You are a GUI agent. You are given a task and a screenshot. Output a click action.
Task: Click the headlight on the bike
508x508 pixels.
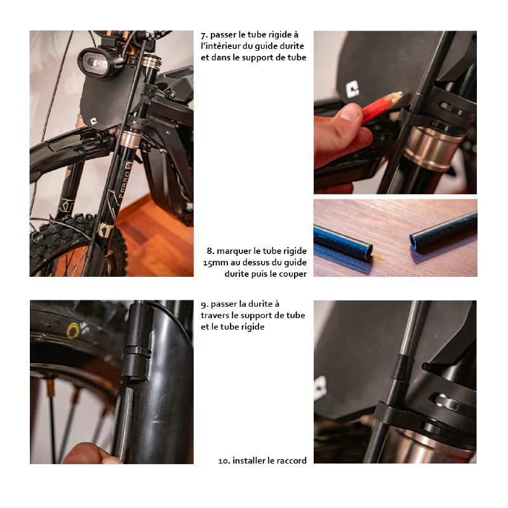tap(97, 62)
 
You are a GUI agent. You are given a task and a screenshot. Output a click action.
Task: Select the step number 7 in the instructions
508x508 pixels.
tap(204, 35)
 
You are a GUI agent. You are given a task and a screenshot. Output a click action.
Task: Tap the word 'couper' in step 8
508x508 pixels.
tap(293, 274)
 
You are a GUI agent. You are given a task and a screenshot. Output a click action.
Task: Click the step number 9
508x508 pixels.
tap(204, 305)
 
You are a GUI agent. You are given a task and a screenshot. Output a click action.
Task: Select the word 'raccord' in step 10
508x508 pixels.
tap(291, 460)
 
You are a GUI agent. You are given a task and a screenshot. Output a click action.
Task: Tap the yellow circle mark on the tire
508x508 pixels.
tap(73, 330)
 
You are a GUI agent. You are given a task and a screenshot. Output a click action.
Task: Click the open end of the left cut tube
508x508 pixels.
tap(369, 251)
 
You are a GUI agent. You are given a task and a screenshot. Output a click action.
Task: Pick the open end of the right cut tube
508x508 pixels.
tap(414, 241)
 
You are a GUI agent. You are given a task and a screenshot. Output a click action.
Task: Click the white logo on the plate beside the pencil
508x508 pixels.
tap(352, 89)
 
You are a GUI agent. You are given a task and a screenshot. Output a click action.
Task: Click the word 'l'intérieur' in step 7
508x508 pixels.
tap(222, 46)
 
